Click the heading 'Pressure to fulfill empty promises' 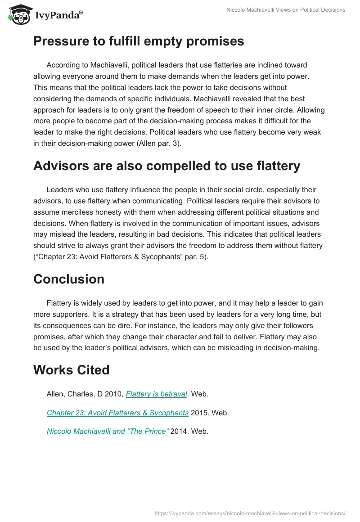pos(139,41)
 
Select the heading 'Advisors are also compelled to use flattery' pos(166,166)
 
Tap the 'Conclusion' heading pos(69,279)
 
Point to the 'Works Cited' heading pos(72,370)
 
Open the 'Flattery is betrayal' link pos(156,394)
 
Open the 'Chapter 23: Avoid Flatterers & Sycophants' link pos(117,413)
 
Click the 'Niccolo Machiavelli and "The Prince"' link pos(108,431)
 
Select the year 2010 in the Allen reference pos(116,394)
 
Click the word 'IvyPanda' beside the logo pos(58,15)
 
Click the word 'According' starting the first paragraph pos(63,65)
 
